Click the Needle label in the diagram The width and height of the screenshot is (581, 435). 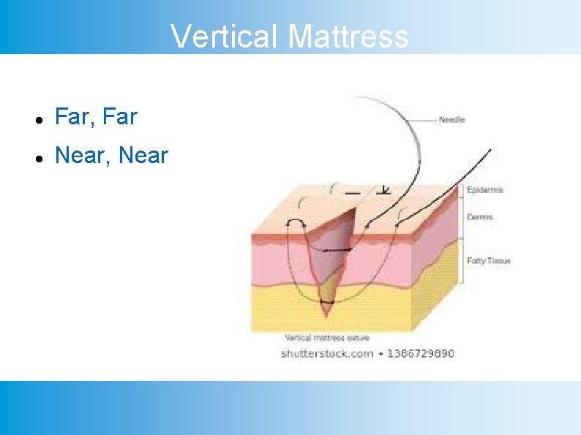coord(451,119)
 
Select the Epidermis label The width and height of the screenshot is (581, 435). coord(484,190)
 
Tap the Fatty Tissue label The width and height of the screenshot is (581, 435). coord(488,260)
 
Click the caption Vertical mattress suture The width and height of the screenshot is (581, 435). coord(326,338)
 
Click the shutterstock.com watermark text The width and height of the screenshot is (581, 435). coord(326,353)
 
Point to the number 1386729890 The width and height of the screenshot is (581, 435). coord(420,353)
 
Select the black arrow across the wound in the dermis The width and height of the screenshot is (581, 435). coord(337,250)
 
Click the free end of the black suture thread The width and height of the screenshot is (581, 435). coord(490,151)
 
